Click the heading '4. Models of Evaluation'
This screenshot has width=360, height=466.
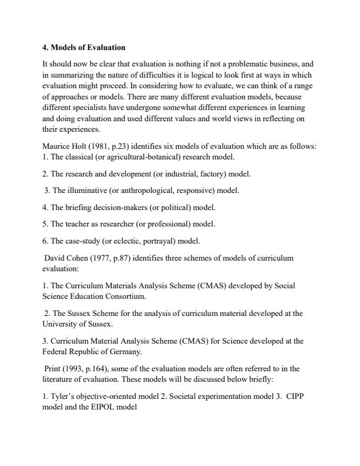(x=84, y=46)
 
